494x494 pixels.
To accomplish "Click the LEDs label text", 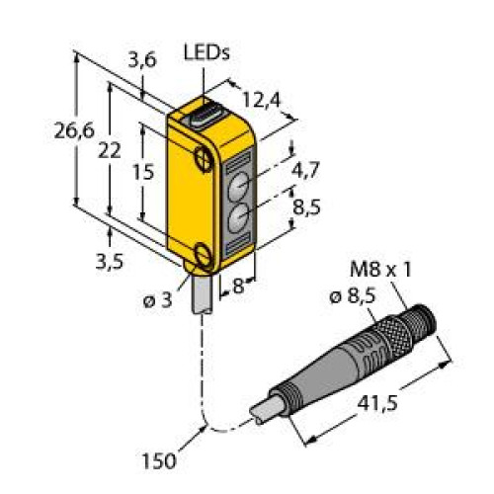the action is pyautogui.click(x=206, y=53).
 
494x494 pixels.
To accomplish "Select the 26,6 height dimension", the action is pyautogui.click(x=74, y=130).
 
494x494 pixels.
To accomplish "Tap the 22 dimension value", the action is pyautogui.click(x=110, y=151).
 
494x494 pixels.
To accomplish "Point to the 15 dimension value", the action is pyautogui.click(x=143, y=172).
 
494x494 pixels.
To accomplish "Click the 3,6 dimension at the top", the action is pyautogui.click(x=142, y=60).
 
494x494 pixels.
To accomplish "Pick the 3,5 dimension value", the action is pyautogui.click(x=110, y=262).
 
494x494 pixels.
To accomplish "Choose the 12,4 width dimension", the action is pyautogui.click(x=262, y=100).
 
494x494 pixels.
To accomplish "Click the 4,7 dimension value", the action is pyautogui.click(x=305, y=170).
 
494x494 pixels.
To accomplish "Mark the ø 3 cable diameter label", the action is pyautogui.click(x=158, y=300).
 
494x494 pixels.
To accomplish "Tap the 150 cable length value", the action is pyautogui.click(x=159, y=460).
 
